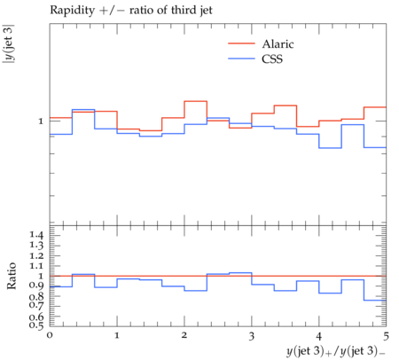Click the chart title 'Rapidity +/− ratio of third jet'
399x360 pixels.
(131, 11)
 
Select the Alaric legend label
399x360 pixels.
(278, 44)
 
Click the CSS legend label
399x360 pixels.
(272, 59)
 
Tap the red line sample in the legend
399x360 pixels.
(241, 43)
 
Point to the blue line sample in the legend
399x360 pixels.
(241, 59)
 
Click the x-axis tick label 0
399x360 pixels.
(50, 335)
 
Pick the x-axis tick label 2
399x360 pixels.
(184, 335)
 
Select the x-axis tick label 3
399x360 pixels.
(252, 335)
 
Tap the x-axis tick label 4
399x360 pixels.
(319, 335)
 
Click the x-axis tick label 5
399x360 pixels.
(386, 335)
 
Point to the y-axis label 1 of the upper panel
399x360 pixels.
(41, 121)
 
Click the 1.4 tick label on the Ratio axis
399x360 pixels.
(36, 235)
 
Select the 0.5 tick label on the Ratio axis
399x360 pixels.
(36, 325)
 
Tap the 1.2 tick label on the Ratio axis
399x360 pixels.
(36, 255)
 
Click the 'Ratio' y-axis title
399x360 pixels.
(12, 276)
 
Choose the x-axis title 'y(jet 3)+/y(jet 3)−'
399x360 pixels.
(336, 351)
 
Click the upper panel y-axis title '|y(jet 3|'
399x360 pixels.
(9, 44)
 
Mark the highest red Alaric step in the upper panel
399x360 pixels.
(195, 101)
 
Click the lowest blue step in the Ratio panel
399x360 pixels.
(375, 301)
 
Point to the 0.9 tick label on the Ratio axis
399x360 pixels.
(36, 286)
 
